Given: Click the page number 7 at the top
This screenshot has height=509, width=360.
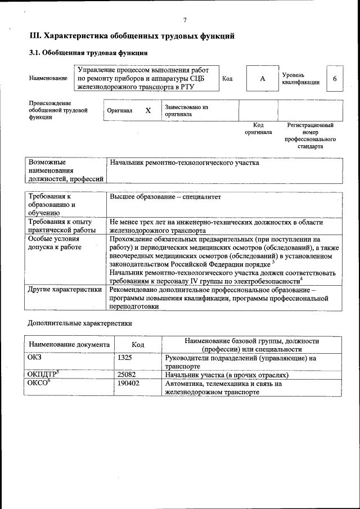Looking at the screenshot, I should pyautogui.click(x=184, y=20).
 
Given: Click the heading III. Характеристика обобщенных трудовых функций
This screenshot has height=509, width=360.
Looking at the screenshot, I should pyautogui.click(x=132, y=37).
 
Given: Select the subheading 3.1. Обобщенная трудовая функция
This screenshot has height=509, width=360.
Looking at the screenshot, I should pyautogui.click(x=88, y=53).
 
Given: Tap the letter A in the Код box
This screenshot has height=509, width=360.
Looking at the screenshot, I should pyautogui.click(x=262, y=79).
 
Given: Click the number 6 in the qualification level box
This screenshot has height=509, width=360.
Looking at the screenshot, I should pyautogui.click(x=335, y=79).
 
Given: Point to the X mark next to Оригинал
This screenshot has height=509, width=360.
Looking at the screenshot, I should pyautogui.click(x=148, y=111).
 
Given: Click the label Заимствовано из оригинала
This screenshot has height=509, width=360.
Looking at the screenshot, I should pyautogui.click(x=186, y=110).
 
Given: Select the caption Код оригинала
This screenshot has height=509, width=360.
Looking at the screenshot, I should pyautogui.click(x=258, y=129).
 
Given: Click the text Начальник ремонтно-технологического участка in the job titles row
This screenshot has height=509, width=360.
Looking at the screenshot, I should pyautogui.click(x=184, y=163).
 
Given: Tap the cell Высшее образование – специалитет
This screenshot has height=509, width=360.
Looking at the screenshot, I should pyautogui.click(x=166, y=197).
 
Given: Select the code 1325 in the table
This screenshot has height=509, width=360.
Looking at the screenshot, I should pyautogui.click(x=125, y=357).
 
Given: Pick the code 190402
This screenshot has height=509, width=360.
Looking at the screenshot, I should pyautogui.click(x=128, y=384).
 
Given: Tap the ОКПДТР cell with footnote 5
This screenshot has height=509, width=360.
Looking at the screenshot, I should pyautogui.click(x=43, y=374).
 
